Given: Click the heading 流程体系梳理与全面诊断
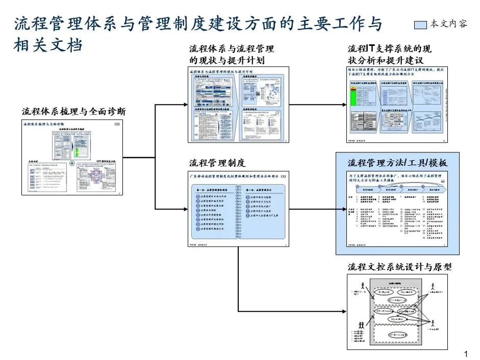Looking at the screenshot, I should (x=74, y=111).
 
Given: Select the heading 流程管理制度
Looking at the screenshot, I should (x=217, y=163).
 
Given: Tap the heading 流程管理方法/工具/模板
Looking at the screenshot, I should (x=397, y=163).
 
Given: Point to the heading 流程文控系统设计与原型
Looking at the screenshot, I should (x=399, y=267).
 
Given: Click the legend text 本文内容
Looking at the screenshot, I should (x=448, y=24).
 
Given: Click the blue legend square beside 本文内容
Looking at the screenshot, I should (x=422, y=24).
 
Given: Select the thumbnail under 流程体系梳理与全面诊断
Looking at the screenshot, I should (x=71, y=159).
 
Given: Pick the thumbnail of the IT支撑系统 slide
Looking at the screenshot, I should (x=397, y=105).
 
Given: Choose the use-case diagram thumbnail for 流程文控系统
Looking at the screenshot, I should (x=397, y=312).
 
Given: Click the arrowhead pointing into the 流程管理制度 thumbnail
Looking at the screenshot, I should (x=185, y=208).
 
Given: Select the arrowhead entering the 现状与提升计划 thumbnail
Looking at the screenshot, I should (x=185, y=105).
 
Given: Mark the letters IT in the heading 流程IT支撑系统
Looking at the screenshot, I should (x=371, y=49).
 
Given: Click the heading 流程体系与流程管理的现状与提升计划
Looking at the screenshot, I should (x=231, y=55).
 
